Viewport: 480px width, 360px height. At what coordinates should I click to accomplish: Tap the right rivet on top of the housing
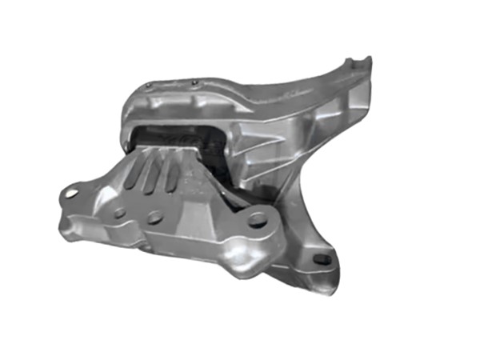(x=194, y=79)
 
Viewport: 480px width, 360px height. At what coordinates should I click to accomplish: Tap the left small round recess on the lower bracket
(x=120, y=214)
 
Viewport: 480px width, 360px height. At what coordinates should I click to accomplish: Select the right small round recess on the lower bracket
(x=154, y=215)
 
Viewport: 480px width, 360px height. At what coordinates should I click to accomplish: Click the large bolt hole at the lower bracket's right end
(x=258, y=218)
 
